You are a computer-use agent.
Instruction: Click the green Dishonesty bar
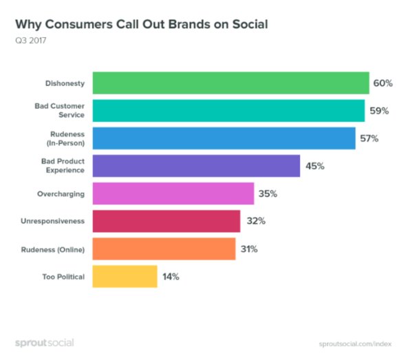(x=230, y=83)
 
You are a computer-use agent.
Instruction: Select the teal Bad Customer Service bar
(x=228, y=110)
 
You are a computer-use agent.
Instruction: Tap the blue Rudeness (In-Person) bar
(x=223, y=138)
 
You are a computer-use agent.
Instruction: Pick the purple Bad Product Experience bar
(x=195, y=166)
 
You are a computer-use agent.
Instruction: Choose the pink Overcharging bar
(x=173, y=193)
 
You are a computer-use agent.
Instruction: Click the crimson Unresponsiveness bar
(x=166, y=221)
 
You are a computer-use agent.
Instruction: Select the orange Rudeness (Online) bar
(x=163, y=248)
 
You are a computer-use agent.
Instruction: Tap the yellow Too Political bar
(x=124, y=276)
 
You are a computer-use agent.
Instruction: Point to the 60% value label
(x=382, y=83)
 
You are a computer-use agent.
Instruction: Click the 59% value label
(x=378, y=111)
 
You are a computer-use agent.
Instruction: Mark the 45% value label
(x=314, y=166)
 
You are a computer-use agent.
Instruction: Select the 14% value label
(x=171, y=277)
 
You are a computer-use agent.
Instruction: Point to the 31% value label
(x=249, y=249)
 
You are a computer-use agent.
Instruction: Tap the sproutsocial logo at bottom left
(x=44, y=342)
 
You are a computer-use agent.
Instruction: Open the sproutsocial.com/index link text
(x=356, y=343)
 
